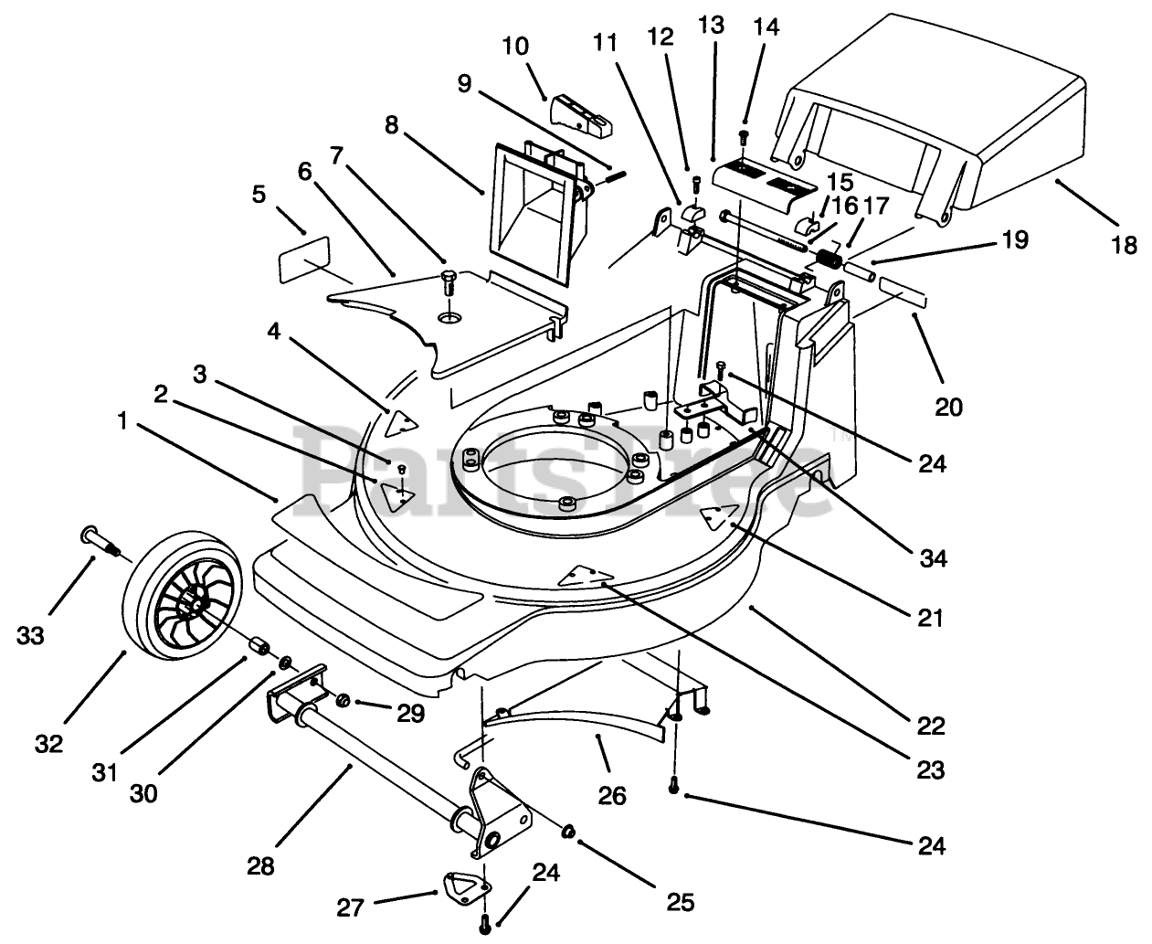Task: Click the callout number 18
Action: [1125, 245]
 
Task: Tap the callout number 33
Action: [30, 635]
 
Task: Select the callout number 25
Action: [680, 903]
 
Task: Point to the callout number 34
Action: [933, 559]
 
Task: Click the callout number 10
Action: [515, 46]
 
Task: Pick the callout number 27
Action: [350, 908]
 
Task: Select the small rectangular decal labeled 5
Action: [304, 260]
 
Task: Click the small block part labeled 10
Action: [582, 116]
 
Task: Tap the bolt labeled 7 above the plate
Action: [449, 282]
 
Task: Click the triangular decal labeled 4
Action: [401, 423]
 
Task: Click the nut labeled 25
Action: [568, 831]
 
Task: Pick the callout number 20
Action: [949, 407]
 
